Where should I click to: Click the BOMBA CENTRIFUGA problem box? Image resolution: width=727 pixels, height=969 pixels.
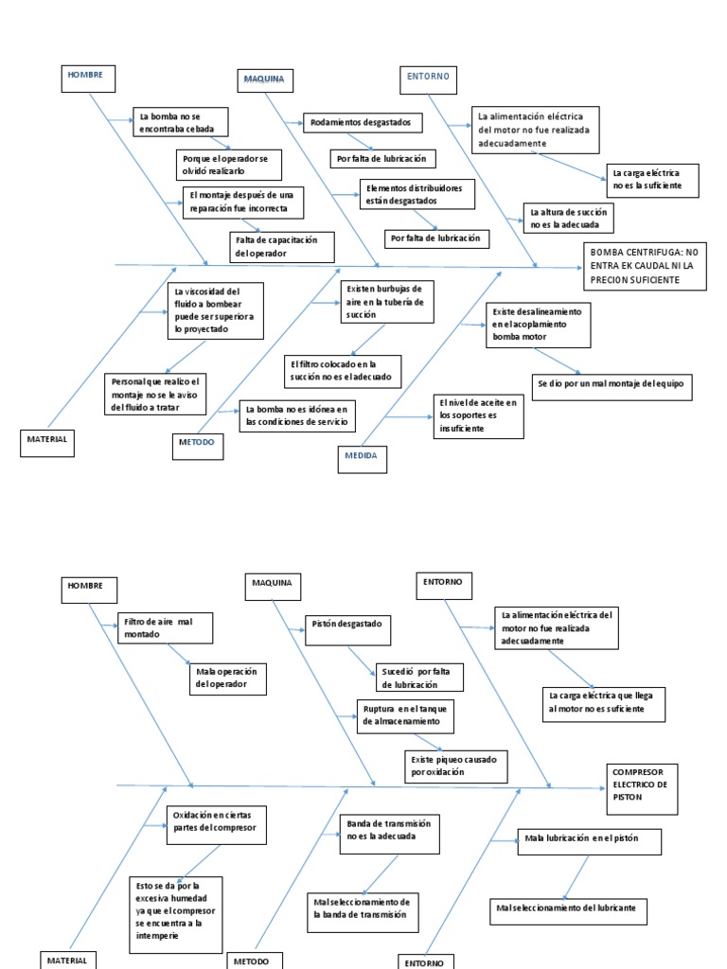tap(648, 268)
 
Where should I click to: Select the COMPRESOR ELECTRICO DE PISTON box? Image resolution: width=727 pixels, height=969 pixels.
tap(643, 784)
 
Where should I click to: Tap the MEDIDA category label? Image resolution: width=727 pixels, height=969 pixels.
tap(361, 457)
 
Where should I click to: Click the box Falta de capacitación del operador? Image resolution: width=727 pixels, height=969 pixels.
tap(281, 247)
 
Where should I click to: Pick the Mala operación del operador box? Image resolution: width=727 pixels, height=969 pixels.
tap(227, 678)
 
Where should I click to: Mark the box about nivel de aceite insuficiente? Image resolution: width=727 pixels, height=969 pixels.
tap(478, 416)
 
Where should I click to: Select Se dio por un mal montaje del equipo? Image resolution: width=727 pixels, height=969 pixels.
tap(612, 385)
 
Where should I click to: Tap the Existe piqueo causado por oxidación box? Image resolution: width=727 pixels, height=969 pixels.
tap(455, 766)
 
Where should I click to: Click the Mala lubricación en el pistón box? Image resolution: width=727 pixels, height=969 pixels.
tap(588, 840)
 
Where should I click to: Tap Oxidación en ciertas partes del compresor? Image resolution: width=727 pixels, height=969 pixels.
tap(215, 824)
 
